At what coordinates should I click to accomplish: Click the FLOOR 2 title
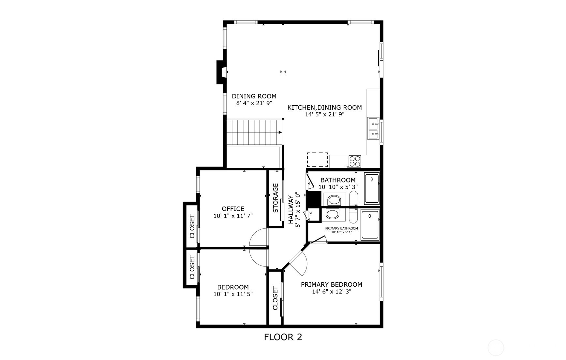(x=283, y=337)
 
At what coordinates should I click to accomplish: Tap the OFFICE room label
(x=233, y=209)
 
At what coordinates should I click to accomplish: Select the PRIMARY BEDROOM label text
(x=332, y=284)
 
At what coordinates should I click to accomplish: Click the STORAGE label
(x=276, y=198)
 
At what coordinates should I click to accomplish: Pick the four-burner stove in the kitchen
(x=355, y=161)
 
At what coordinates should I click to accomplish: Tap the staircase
(x=254, y=132)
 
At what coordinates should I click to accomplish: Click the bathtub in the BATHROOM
(x=372, y=189)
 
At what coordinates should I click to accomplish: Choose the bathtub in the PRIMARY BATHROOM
(x=370, y=225)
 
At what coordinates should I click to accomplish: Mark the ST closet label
(x=310, y=213)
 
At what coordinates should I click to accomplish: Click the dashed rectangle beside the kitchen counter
(x=317, y=160)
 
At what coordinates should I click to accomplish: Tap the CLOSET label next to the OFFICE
(x=192, y=226)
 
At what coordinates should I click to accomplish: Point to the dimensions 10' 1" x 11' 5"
(x=233, y=294)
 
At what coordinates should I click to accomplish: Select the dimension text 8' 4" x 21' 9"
(x=254, y=103)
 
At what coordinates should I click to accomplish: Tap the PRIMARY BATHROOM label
(x=341, y=228)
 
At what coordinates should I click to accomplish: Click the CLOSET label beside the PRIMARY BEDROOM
(x=275, y=298)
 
